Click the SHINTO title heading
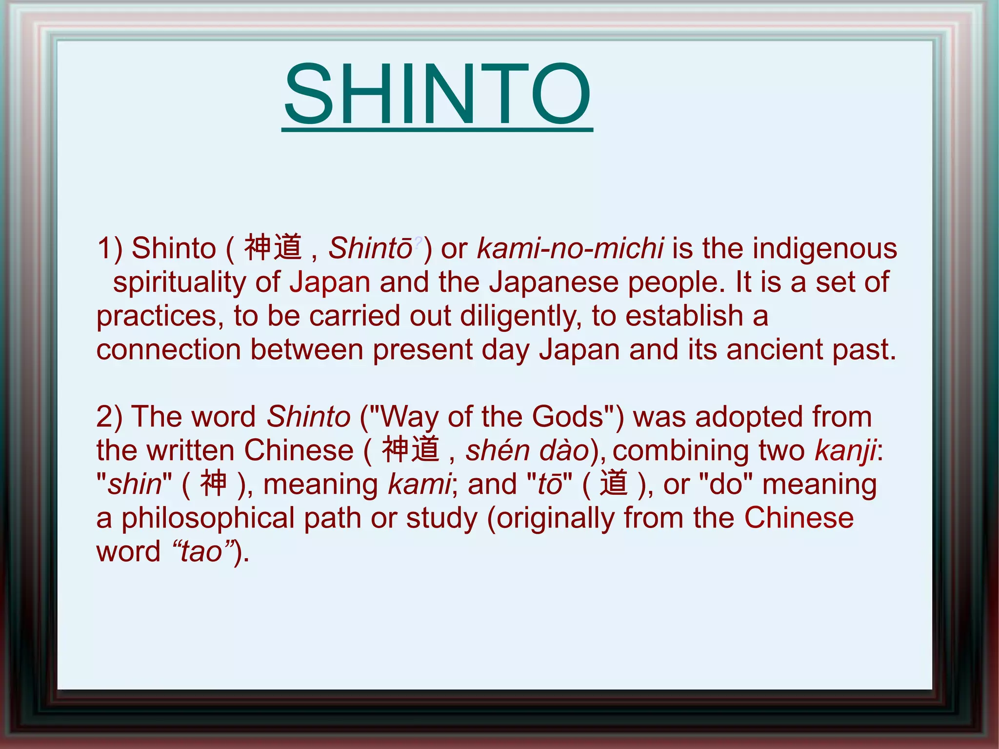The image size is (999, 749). (x=438, y=94)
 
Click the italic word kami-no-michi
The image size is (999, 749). (x=570, y=248)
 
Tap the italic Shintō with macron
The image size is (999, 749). (x=370, y=248)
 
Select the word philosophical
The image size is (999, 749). (x=208, y=518)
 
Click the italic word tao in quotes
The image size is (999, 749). (x=201, y=552)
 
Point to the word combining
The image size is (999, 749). (x=679, y=451)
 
